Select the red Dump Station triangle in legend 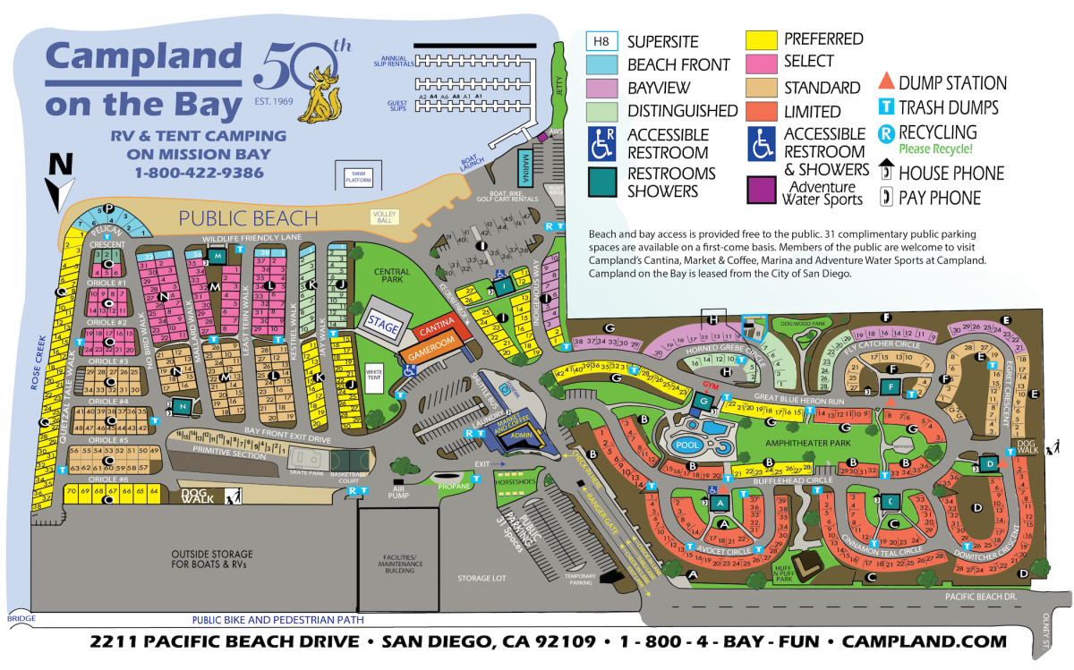[884, 82]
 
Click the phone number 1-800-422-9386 [199, 172]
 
